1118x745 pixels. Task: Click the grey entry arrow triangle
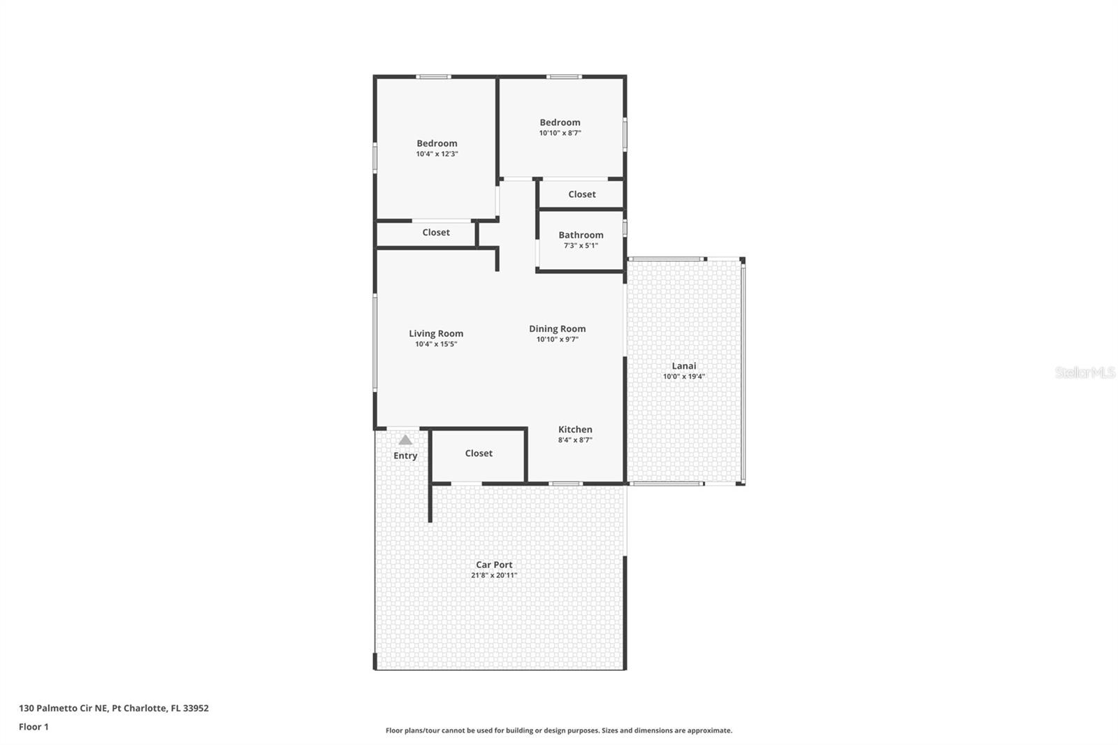(405, 440)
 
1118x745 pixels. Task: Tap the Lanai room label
(684, 366)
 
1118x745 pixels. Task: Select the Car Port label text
(494, 565)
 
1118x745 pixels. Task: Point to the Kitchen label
(575, 430)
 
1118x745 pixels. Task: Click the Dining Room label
(557, 328)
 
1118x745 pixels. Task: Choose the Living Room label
(436, 333)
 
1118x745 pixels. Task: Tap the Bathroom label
(581, 235)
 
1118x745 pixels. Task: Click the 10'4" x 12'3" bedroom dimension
(437, 154)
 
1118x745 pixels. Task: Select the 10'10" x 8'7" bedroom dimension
(560, 133)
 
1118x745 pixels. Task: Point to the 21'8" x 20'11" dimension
(494, 575)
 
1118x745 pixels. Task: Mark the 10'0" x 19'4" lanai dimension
(684, 376)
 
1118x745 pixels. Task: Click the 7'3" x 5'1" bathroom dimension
(581, 245)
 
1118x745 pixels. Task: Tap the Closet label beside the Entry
(479, 454)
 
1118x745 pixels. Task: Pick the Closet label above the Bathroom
(582, 194)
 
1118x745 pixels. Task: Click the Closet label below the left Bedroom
(436, 233)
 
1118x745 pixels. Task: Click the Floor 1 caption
(34, 727)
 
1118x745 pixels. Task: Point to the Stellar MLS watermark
(1084, 372)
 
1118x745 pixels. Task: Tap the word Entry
(405, 456)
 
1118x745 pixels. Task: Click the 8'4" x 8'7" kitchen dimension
(575, 440)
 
